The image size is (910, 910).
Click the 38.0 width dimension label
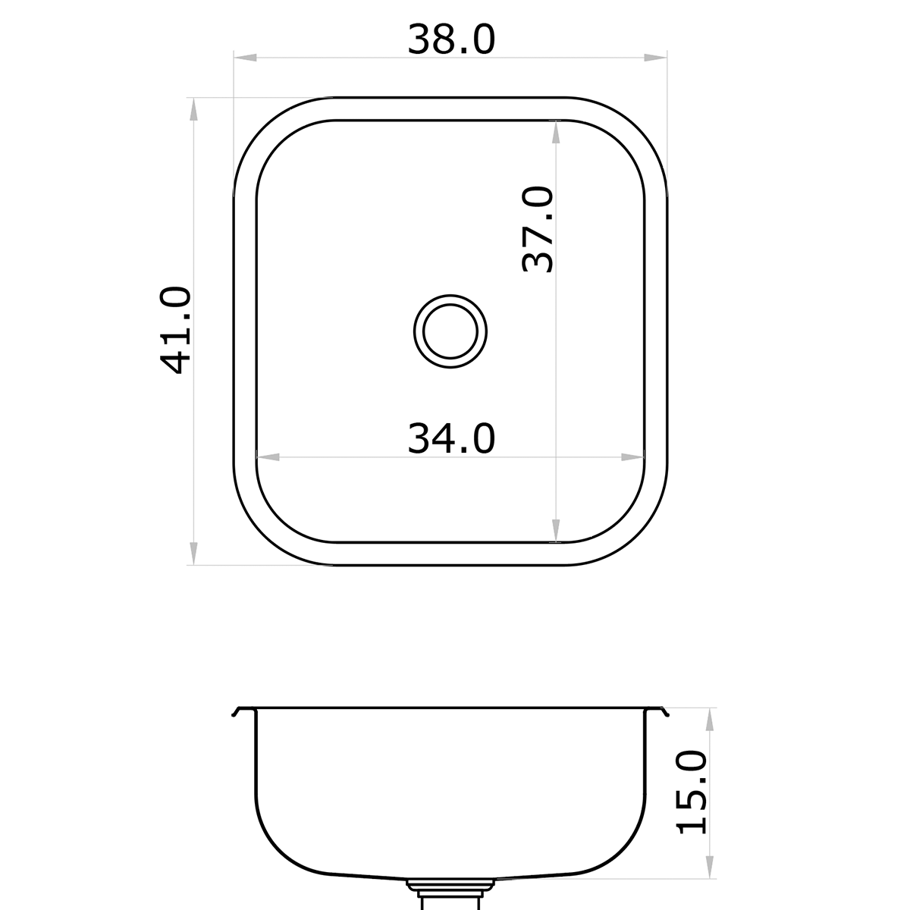(x=451, y=39)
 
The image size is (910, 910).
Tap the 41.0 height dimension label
(x=176, y=331)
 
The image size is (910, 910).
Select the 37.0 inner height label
(x=539, y=230)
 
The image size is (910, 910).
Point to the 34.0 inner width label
(x=451, y=439)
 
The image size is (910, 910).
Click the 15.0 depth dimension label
(x=692, y=792)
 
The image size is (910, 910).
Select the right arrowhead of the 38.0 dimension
(x=656, y=58)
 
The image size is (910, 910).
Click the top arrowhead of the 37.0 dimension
(x=557, y=132)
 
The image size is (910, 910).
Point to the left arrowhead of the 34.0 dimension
(x=268, y=457)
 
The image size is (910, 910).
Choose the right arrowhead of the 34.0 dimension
(x=632, y=457)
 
